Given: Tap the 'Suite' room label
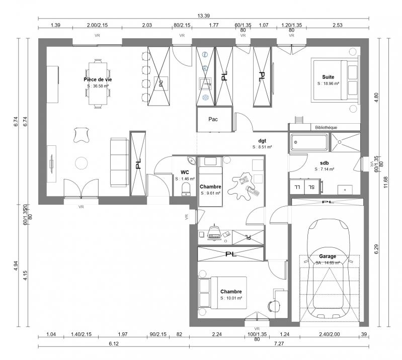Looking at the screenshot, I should click(328, 77).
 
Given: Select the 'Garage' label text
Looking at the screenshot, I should click(328, 256).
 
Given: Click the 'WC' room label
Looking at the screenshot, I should click(185, 172).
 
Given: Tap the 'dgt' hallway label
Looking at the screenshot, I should click(262, 141).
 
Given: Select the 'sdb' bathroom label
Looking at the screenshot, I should click(325, 163).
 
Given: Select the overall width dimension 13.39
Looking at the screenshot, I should click(203, 16).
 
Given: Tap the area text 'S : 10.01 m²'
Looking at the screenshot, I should click(231, 298).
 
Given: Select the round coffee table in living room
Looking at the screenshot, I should click(81, 163).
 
